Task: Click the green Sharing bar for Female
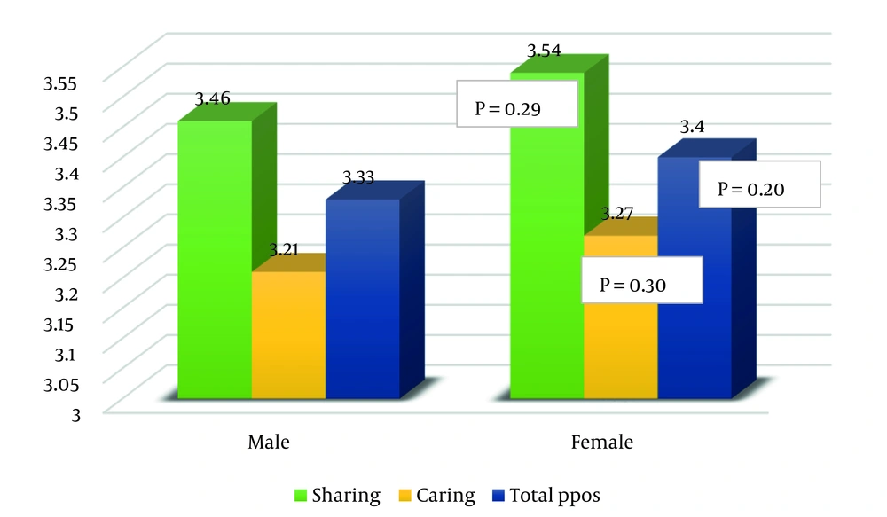coord(546,266)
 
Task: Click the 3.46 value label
coord(213,98)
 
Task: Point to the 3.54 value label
coord(545,51)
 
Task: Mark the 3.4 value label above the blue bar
coord(692,128)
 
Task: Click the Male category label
coord(269,442)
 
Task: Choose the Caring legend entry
coord(442,494)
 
